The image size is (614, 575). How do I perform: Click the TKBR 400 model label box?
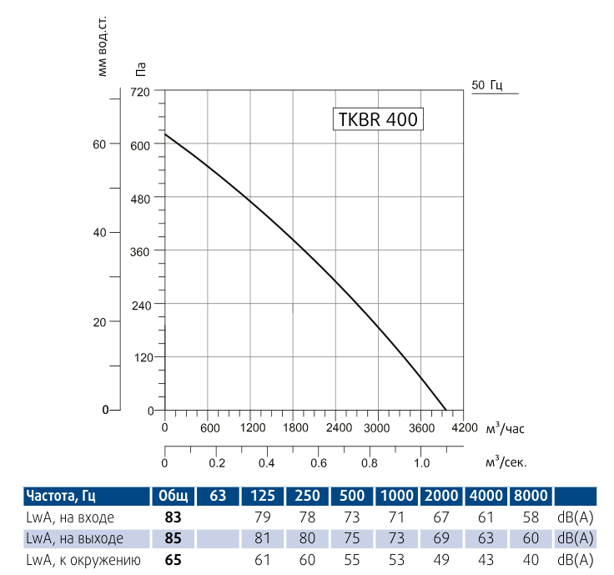[376, 119]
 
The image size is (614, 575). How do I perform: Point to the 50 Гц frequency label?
[487, 85]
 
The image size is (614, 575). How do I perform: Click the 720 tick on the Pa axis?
[139, 91]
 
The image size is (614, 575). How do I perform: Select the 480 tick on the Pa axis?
[139, 198]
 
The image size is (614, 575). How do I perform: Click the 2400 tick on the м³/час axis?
[335, 428]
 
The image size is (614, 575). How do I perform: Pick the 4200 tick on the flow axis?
[464, 428]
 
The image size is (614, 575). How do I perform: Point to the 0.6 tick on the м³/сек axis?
[318, 462]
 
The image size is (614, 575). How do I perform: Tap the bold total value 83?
[173, 518]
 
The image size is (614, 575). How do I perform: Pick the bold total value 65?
[173, 559]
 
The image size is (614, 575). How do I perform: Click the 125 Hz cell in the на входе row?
[262, 518]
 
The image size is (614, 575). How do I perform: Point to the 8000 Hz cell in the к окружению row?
[531, 559]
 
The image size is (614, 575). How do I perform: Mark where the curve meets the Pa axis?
[165, 134]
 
